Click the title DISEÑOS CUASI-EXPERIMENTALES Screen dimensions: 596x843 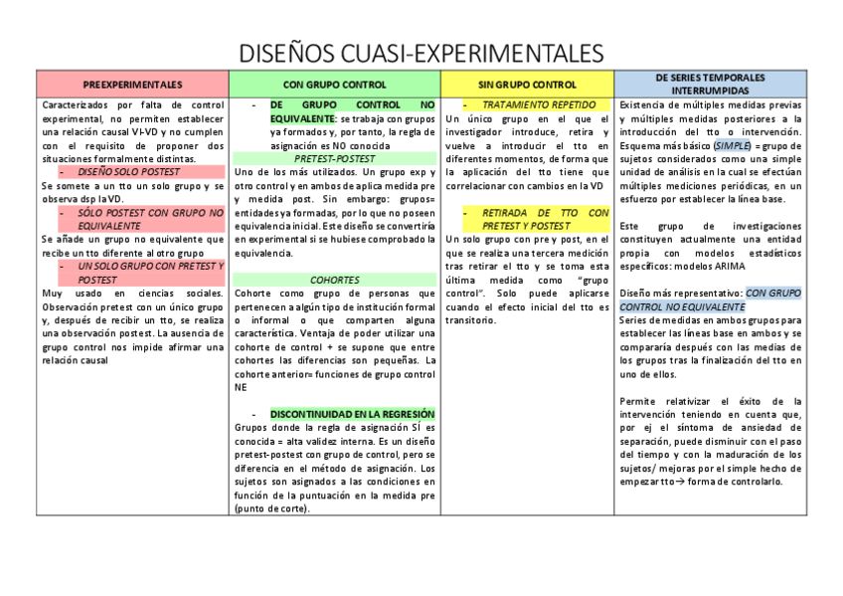pos(421,52)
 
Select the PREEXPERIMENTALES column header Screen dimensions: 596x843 pos(132,85)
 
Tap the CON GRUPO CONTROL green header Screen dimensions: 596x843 pos(334,85)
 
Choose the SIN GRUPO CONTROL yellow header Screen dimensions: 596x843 pos(527,85)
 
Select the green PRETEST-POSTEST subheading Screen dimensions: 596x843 pos(335,158)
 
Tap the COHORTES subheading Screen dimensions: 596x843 pos(335,280)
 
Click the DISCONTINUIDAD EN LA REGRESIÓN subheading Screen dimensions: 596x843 pos(352,413)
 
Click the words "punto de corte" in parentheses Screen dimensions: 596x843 pos(271,508)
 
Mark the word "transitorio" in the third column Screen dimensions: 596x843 pos(470,320)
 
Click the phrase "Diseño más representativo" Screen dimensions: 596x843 pos(679,294)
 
